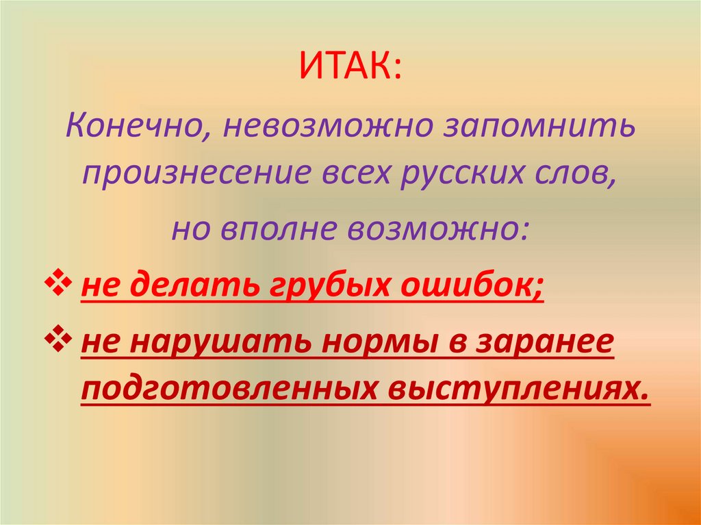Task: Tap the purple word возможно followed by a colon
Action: (438, 229)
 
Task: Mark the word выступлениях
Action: (517, 388)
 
